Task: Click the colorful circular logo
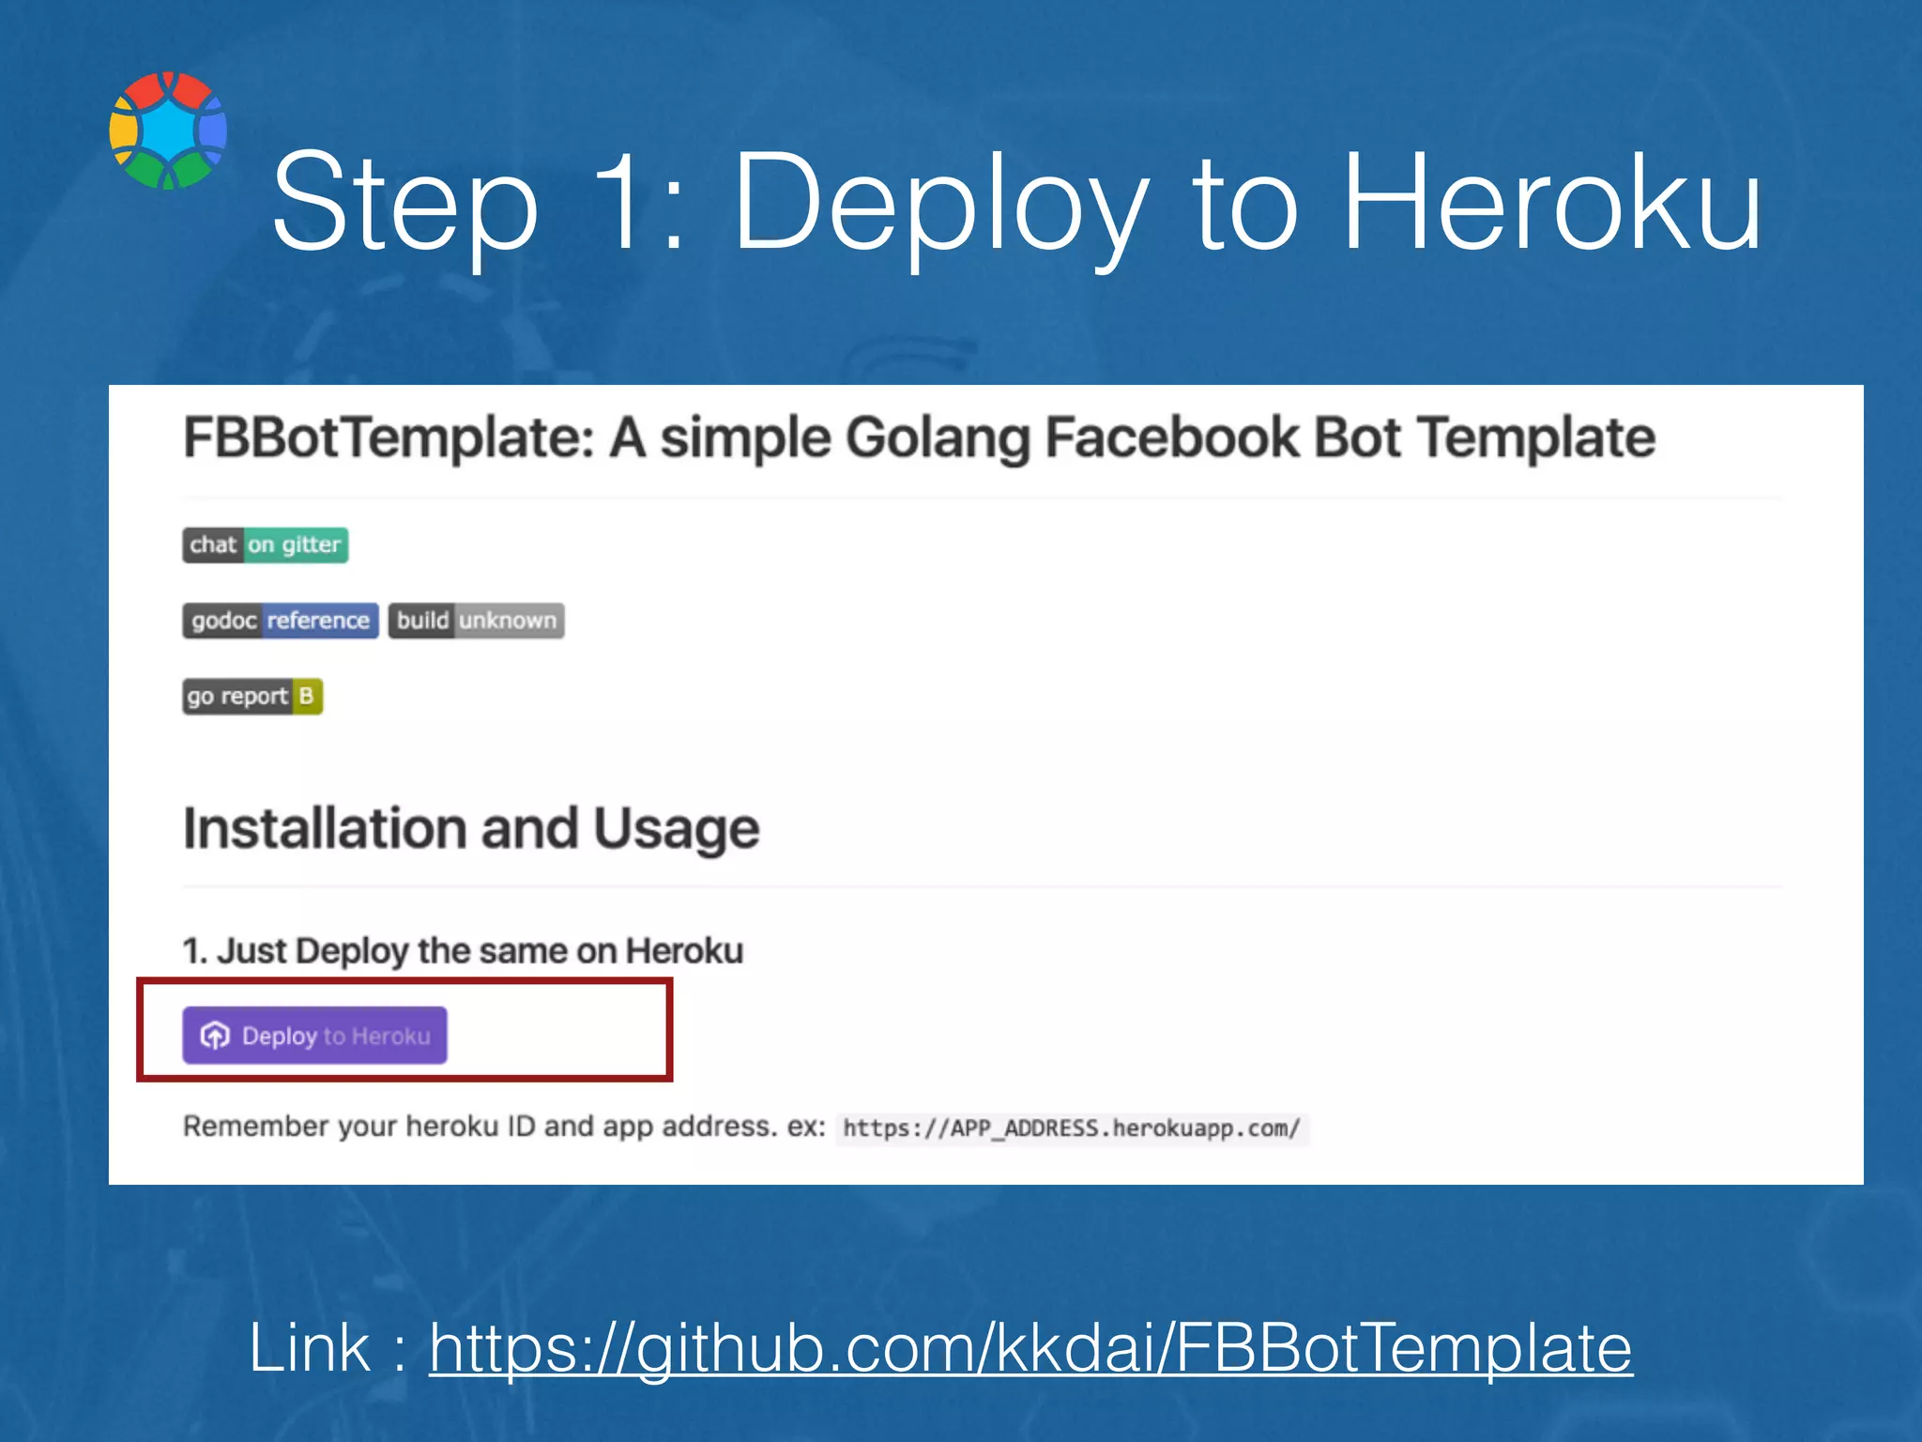(168, 130)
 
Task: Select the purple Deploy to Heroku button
(314, 1035)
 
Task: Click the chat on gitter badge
(266, 545)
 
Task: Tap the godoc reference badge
(281, 621)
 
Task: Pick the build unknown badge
(476, 621)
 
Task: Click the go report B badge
(252, 697)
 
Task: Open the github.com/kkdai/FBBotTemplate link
(1030, 1348)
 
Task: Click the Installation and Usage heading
(471, 829)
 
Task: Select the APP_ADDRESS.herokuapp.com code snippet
(1071, 1128)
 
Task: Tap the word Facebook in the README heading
(1172, 438)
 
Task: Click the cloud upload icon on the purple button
(215, 1035)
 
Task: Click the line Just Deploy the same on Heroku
(463, 951)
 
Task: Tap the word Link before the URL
(310, 1348)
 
